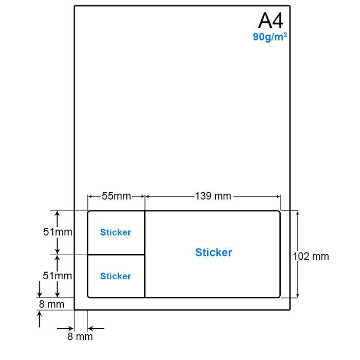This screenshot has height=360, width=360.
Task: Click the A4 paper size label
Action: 271,21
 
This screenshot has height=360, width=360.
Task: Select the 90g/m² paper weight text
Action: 270,37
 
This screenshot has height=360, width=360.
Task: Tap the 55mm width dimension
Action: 116,196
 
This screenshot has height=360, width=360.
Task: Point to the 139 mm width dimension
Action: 213,196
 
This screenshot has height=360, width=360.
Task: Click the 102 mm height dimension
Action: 311,257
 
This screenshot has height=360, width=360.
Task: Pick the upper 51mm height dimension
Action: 58,232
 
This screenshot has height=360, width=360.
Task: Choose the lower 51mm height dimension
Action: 58,276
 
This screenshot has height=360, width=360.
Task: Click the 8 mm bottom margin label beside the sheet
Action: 51,304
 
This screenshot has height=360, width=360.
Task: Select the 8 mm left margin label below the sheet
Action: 80,336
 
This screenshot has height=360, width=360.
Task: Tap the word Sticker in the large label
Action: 213,253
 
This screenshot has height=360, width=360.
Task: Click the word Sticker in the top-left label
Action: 116,232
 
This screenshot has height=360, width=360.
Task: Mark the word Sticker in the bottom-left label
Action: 116,276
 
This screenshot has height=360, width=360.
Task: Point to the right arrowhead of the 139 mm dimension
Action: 278,196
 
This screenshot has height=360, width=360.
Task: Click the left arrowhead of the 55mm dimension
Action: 90,196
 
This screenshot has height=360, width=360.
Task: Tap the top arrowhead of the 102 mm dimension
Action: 298,213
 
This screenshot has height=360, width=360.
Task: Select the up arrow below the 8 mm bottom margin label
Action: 40,319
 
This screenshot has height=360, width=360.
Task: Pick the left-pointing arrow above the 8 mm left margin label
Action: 96,329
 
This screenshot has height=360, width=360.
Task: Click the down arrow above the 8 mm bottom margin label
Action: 40,289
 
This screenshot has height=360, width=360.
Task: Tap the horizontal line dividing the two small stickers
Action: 116,255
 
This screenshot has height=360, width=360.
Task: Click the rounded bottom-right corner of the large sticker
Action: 279,296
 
